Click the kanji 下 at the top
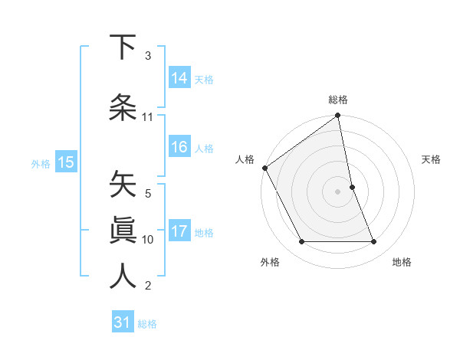pos(123,47)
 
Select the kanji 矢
pos(123,184)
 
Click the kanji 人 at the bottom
pos(123,276)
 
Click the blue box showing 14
pos(179,77)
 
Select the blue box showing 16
pos(179,148)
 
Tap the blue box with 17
pos(179,232)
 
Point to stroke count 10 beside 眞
pos(148,240)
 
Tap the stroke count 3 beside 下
pos(148,56)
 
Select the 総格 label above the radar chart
pos(338,100)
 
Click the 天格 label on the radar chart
pos(432,159)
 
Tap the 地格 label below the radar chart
pos(402,262)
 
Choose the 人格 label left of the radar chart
pos(245,159)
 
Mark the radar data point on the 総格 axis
pos(338,116)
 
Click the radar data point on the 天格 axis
pos(352,187)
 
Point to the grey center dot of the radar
pos(338,191)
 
